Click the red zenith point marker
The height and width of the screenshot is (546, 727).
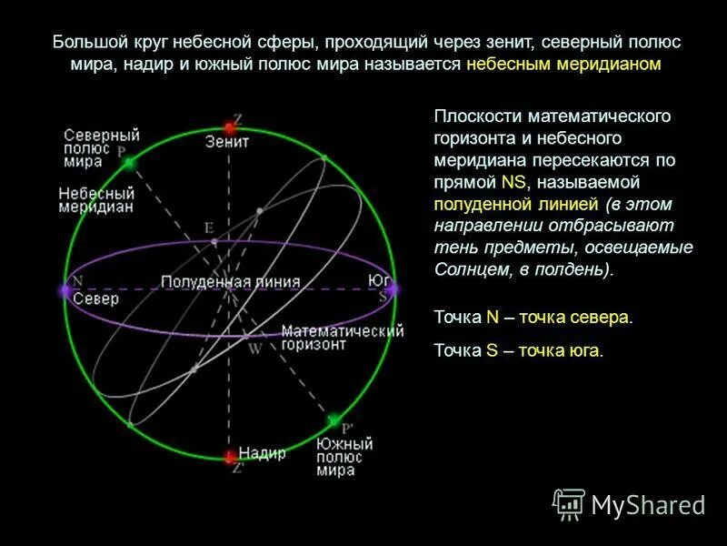231,127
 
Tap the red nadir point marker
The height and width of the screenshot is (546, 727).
231,455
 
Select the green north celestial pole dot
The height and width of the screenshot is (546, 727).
129,162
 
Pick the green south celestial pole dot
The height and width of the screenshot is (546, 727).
334,420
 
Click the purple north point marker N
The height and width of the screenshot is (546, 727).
65,290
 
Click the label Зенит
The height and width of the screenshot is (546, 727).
227,143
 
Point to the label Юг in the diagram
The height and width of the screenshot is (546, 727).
379,279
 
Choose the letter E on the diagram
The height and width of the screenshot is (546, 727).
208,227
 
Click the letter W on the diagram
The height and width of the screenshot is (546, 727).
255,348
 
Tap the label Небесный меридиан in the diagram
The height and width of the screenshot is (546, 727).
96,200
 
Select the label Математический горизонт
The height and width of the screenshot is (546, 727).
342,339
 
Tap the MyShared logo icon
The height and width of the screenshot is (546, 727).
569,503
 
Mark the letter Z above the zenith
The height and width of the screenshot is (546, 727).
237,118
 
